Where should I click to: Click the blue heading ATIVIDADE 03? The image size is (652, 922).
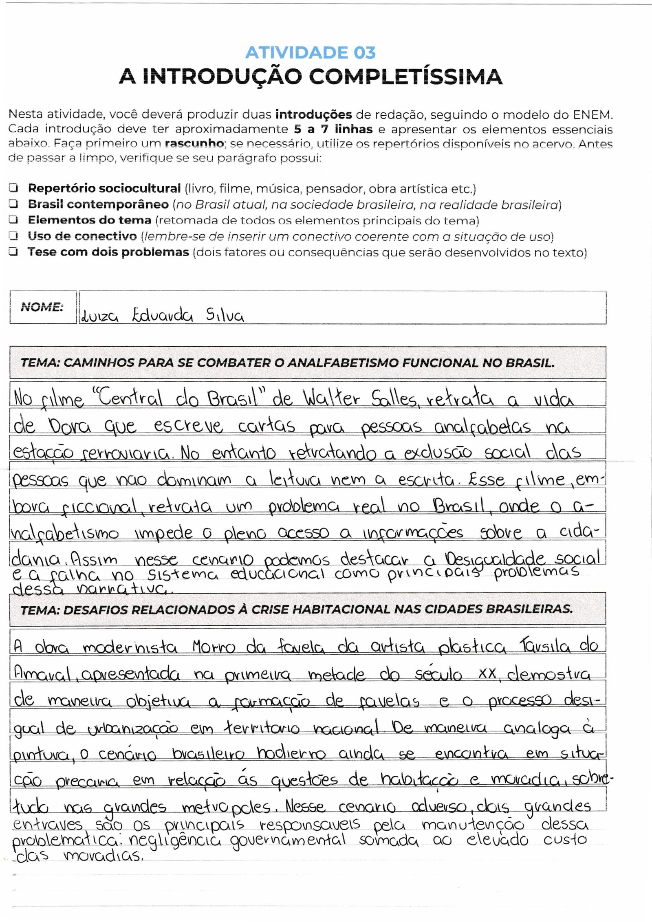coord(311,53)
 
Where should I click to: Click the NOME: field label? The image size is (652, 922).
coord(42,307)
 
